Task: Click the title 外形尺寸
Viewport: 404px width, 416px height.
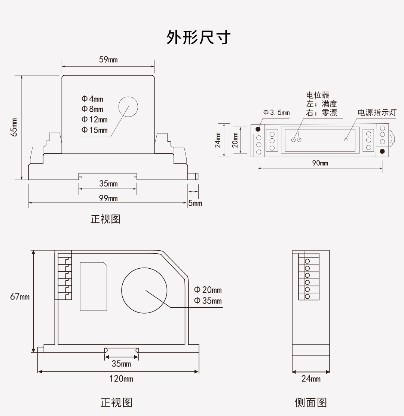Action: [198, 38]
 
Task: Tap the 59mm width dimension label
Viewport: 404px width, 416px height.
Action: [108, 60]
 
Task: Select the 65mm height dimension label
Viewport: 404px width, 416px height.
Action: [14, 127]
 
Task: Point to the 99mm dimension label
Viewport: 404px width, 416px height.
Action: [108, 198]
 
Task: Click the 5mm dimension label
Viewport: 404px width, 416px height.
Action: [195, 203]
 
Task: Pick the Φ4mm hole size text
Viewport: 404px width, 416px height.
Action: [92, 99]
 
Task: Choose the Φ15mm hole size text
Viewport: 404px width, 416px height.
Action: [95, 130]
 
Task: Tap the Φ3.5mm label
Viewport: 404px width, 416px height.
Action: [276, 112]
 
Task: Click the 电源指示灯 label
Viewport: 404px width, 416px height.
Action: [377, 112]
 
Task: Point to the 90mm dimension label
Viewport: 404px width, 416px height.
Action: [320, 163]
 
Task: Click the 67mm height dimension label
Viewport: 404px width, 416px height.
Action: [20, 296]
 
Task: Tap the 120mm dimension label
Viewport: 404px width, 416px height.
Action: [121, 379]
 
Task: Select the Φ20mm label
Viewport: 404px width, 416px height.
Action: [208, 290]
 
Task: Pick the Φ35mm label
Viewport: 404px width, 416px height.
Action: [208, 301]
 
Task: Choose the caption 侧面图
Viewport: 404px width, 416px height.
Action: [311, 403]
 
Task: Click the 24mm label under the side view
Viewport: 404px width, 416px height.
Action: [311, 379]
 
